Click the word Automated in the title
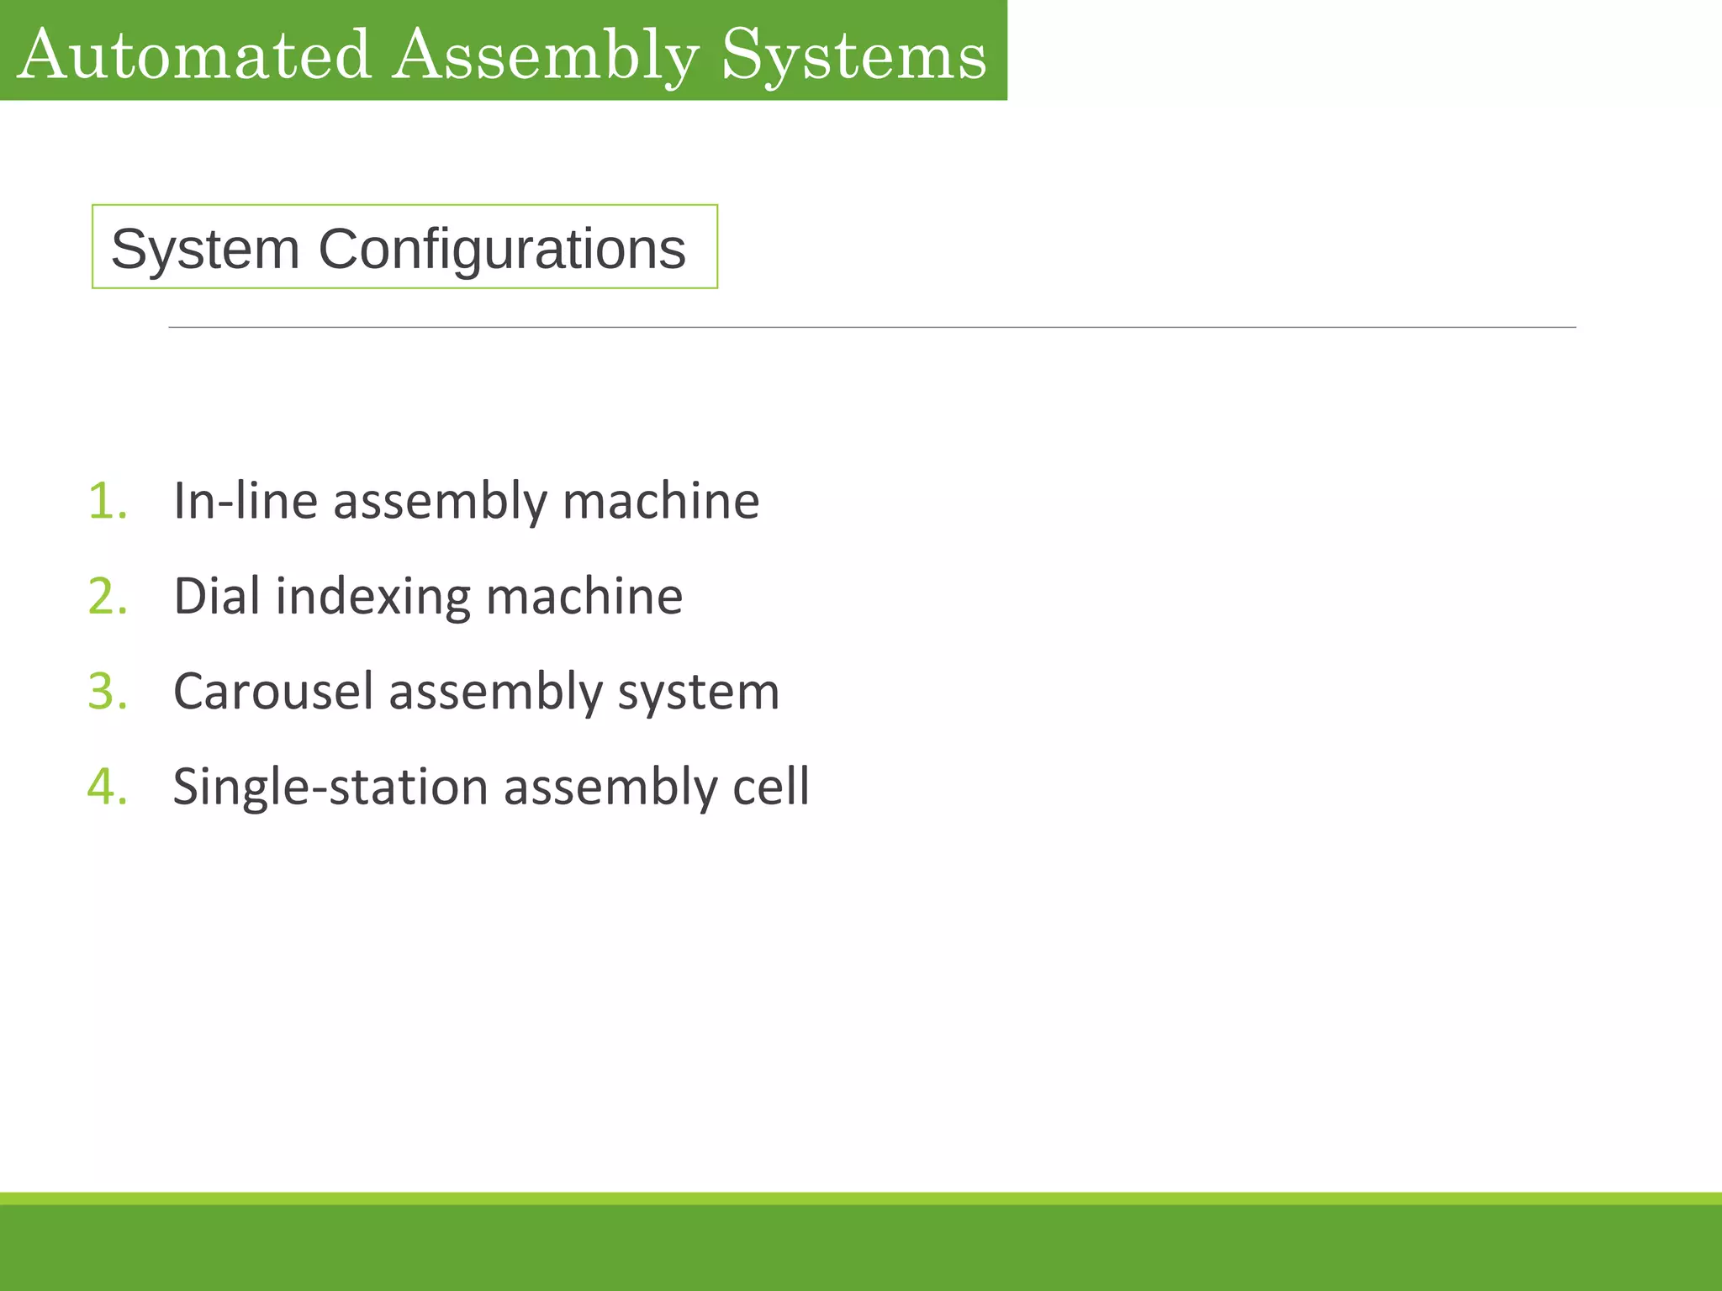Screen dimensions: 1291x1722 tap(193, 55)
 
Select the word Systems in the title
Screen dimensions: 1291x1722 tap(853, 55)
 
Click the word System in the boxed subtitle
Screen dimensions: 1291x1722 tap(205, 249)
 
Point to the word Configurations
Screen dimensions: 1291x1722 tap(502, 249)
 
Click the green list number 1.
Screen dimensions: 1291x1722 tap(108, 501)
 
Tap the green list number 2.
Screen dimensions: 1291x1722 tap(108, 597)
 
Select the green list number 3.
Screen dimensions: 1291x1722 tap(108, 692)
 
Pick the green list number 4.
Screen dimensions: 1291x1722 tap(108, 787)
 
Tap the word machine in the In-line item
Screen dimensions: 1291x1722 tap(661, 501)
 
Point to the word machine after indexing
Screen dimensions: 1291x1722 tap(584, 597)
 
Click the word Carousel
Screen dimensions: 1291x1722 tap(272, 692)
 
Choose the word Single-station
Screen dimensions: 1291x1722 tap(330, 788)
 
